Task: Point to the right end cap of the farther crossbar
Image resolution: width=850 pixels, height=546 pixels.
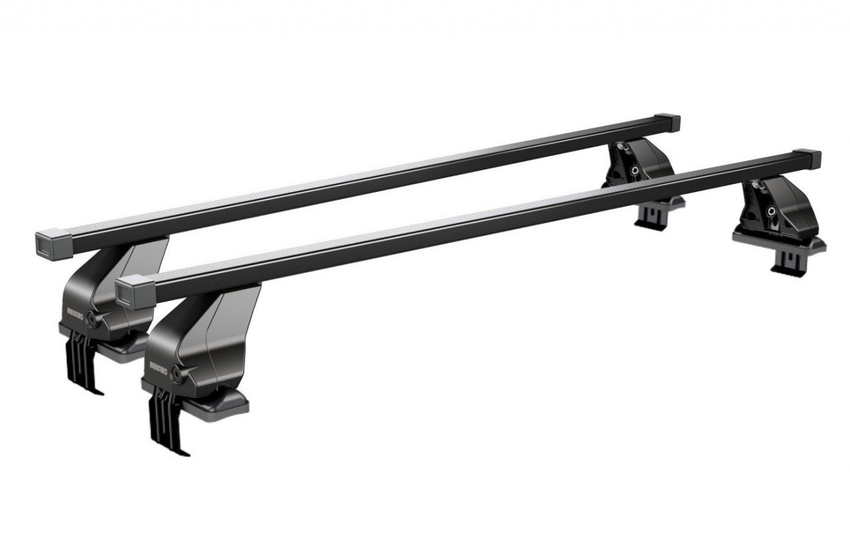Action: (671, 123)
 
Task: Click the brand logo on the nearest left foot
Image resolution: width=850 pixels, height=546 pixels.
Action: (159, 365)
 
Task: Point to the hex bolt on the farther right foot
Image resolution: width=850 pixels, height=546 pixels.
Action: (636, 171)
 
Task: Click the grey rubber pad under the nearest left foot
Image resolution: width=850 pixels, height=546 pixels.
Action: (222, 401)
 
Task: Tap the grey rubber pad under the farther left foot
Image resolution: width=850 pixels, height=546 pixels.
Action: (126, 345)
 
